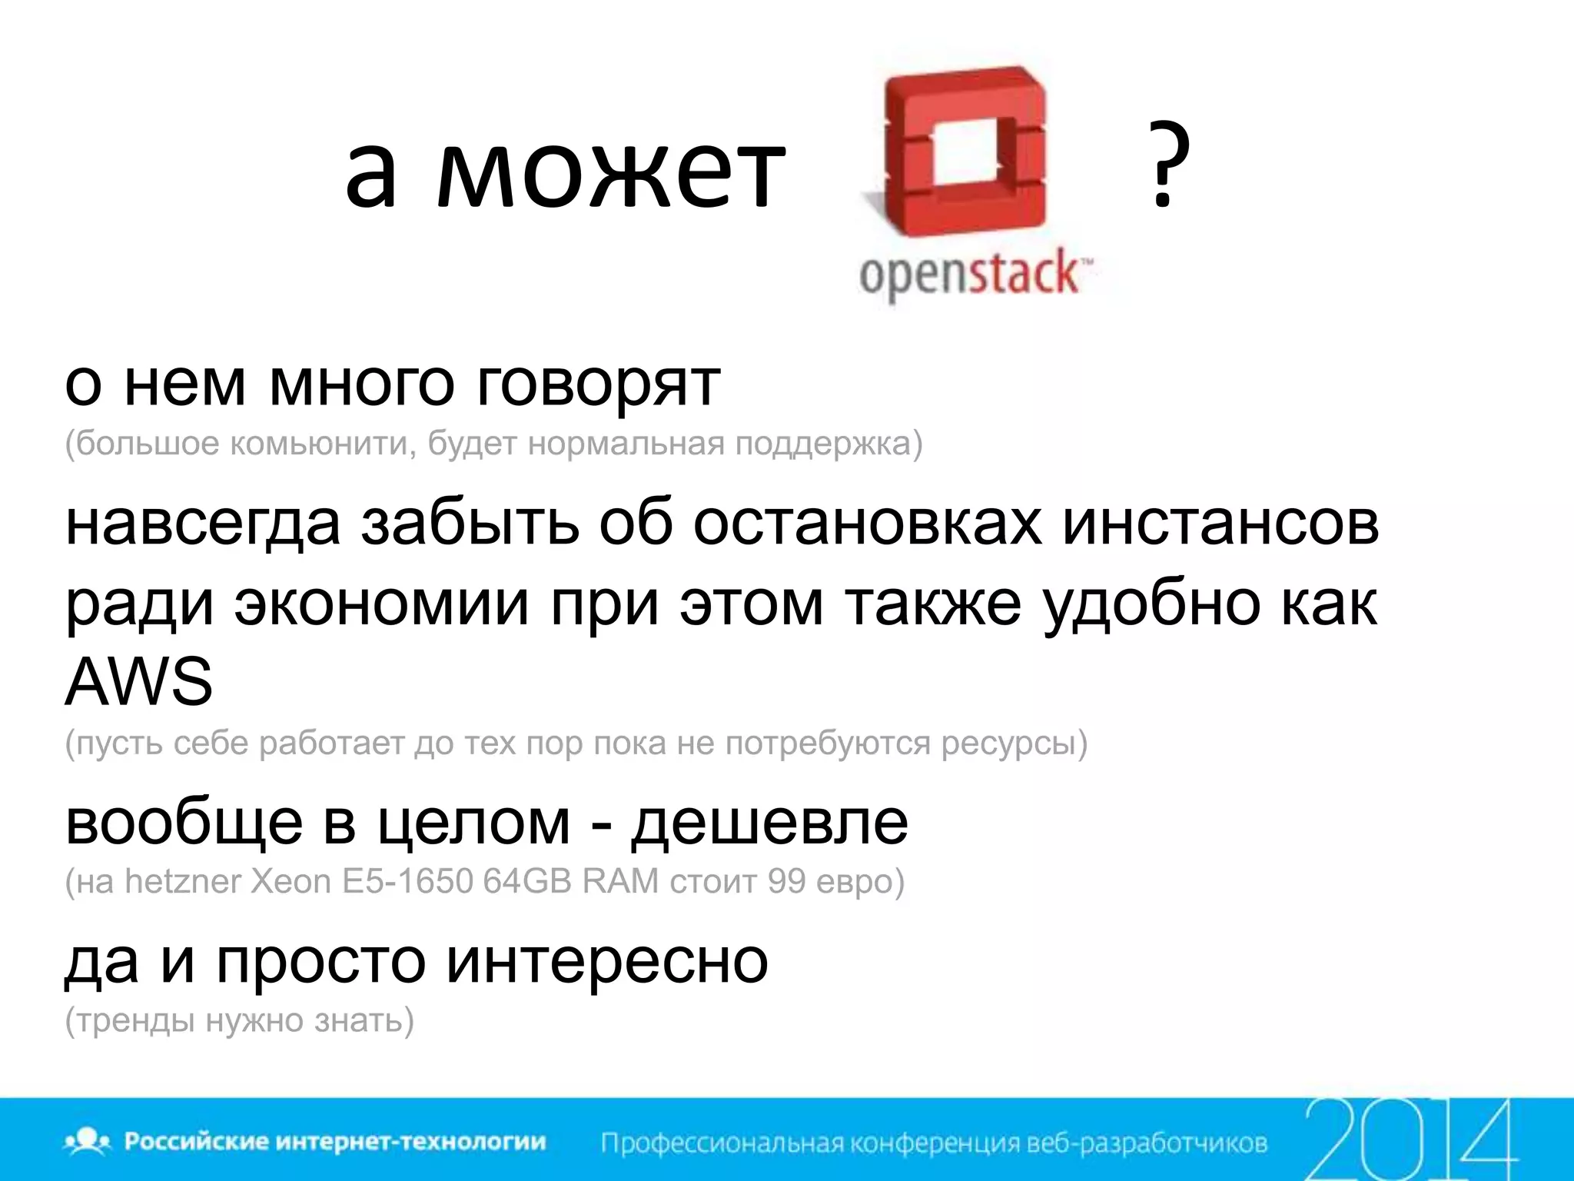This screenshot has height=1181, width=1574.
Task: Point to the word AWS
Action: pos(138,681)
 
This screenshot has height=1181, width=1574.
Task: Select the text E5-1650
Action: pos(407,881)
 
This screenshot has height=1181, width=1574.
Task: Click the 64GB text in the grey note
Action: pos(527,881)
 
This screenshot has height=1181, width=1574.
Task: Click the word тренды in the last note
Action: pos(135,1021)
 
